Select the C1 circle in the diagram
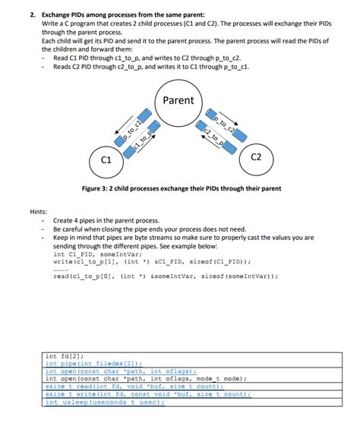pos(106,159)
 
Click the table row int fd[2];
pos(65,355)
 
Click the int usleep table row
pos(104,402)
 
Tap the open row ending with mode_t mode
pos(144,379)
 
